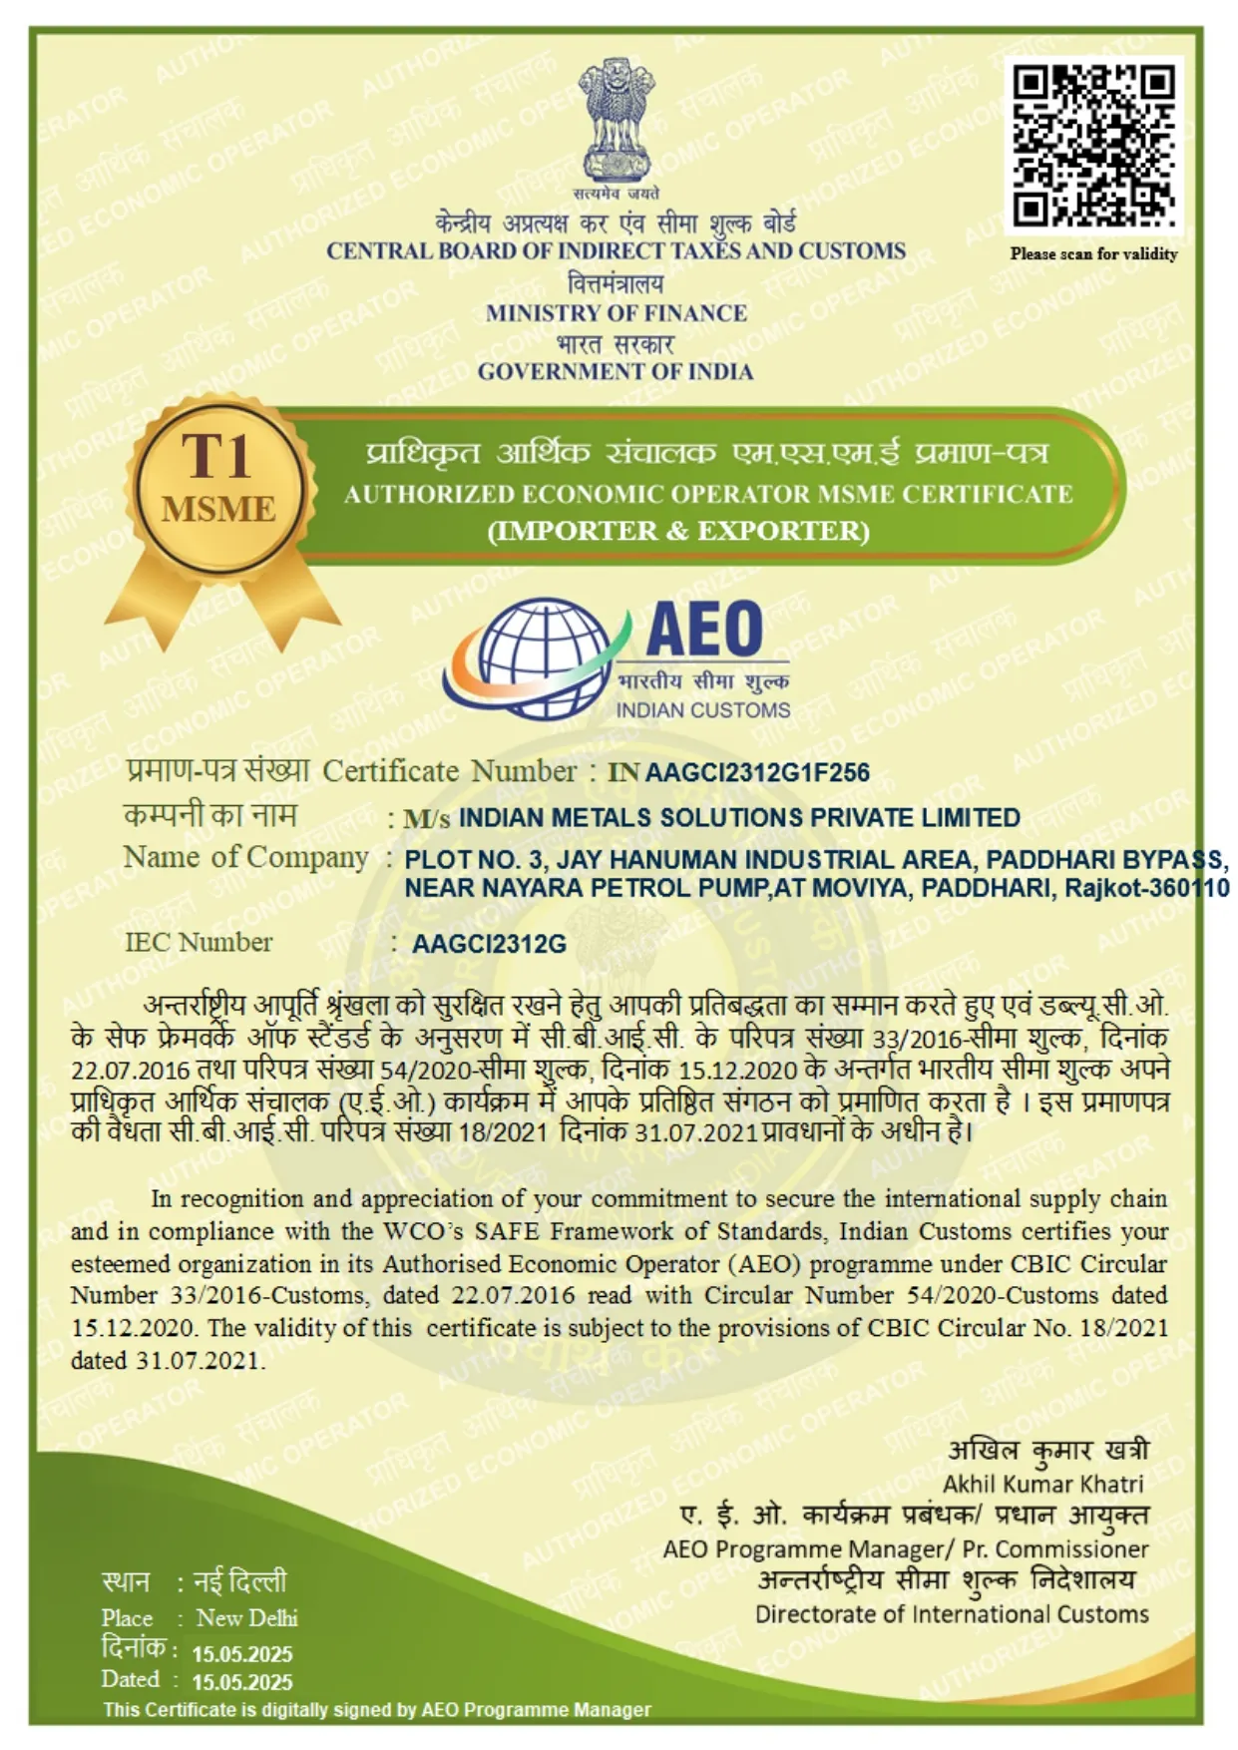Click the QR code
click(x=1093, y=145)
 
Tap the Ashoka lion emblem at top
click(x=618, y=120)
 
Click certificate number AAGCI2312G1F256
click(x=757, y=773)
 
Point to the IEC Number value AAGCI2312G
click(x=489, y=944)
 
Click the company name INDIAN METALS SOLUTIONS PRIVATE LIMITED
click(x=739, y=818)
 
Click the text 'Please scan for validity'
click(x=1093, y=254)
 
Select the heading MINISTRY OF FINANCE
click(x=617, y=313)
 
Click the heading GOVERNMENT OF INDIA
click(x=616, y=372)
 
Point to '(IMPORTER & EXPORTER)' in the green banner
click(x=678, y=531)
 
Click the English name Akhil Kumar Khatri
click(x=1043, y=1484)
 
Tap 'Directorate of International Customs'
click(x=952, y=1614)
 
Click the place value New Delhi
click(x=246, y=1617)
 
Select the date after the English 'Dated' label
click(x=242, y=1682)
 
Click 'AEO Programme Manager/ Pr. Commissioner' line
click(x=906, y=1549)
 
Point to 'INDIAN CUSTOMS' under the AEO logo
click(x=703, y=710)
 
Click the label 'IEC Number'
click(x=199, y=943)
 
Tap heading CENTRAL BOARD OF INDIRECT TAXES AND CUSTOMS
click(x=616, y=251)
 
